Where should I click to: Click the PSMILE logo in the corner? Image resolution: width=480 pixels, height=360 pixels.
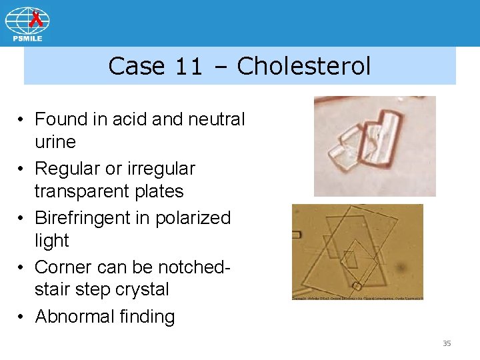tap(27, 24)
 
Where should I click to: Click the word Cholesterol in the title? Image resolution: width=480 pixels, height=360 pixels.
tap(303, 66)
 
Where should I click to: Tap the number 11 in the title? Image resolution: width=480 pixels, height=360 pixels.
tap(189, 66)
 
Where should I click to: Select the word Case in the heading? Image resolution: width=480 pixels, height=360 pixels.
tap(137, 66)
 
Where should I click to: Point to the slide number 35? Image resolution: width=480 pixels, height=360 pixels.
tap(447, 343)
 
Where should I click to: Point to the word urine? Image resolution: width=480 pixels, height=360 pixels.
tap(55, 142)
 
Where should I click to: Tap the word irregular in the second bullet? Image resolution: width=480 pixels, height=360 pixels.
tap(162, 169)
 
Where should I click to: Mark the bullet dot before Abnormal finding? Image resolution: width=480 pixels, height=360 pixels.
tap(22, 317)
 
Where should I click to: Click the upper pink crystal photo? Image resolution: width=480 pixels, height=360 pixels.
tap(375, 146)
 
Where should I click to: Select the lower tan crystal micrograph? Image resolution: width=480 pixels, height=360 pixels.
tap(357, 252)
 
